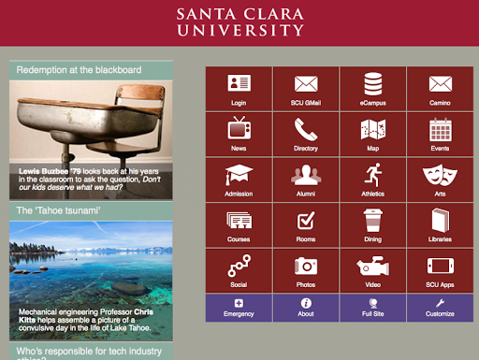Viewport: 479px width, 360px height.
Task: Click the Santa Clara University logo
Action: (x=239, y=22)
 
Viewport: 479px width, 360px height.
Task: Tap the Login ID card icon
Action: (x=239, y=82)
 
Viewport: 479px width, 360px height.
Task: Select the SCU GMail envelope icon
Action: (x=306, y=84)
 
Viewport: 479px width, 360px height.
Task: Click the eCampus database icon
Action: (x=373, y=84)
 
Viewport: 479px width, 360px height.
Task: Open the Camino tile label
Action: (x=440, y=103)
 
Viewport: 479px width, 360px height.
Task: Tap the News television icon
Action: (x=239, y=128)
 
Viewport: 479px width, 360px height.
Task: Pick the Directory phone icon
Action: (x=306, y=129)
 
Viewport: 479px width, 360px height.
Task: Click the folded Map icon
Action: (x=373, y=129)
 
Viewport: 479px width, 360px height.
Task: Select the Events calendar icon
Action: (x=440, y=130)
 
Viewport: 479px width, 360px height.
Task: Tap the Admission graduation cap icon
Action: (x=239, y=175)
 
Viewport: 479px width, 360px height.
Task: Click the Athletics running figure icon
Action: (x=373, y=175)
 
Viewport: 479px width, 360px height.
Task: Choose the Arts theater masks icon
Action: (x=440, y=175)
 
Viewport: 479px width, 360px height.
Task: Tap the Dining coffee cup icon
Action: (x=373, y=221)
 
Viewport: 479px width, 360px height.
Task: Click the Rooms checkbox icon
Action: (x=306, y=221)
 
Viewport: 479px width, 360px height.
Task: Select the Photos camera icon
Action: (x=306, y=266)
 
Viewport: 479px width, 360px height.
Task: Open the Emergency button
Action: (x=239, y=308)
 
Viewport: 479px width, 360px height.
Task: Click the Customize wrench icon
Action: (x=440, y=303)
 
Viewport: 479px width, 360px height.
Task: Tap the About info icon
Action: (x=306, y=303)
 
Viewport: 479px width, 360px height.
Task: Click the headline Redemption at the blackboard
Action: (x=79, y=70)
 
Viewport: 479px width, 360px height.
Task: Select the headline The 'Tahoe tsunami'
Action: (x=58, y=210)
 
